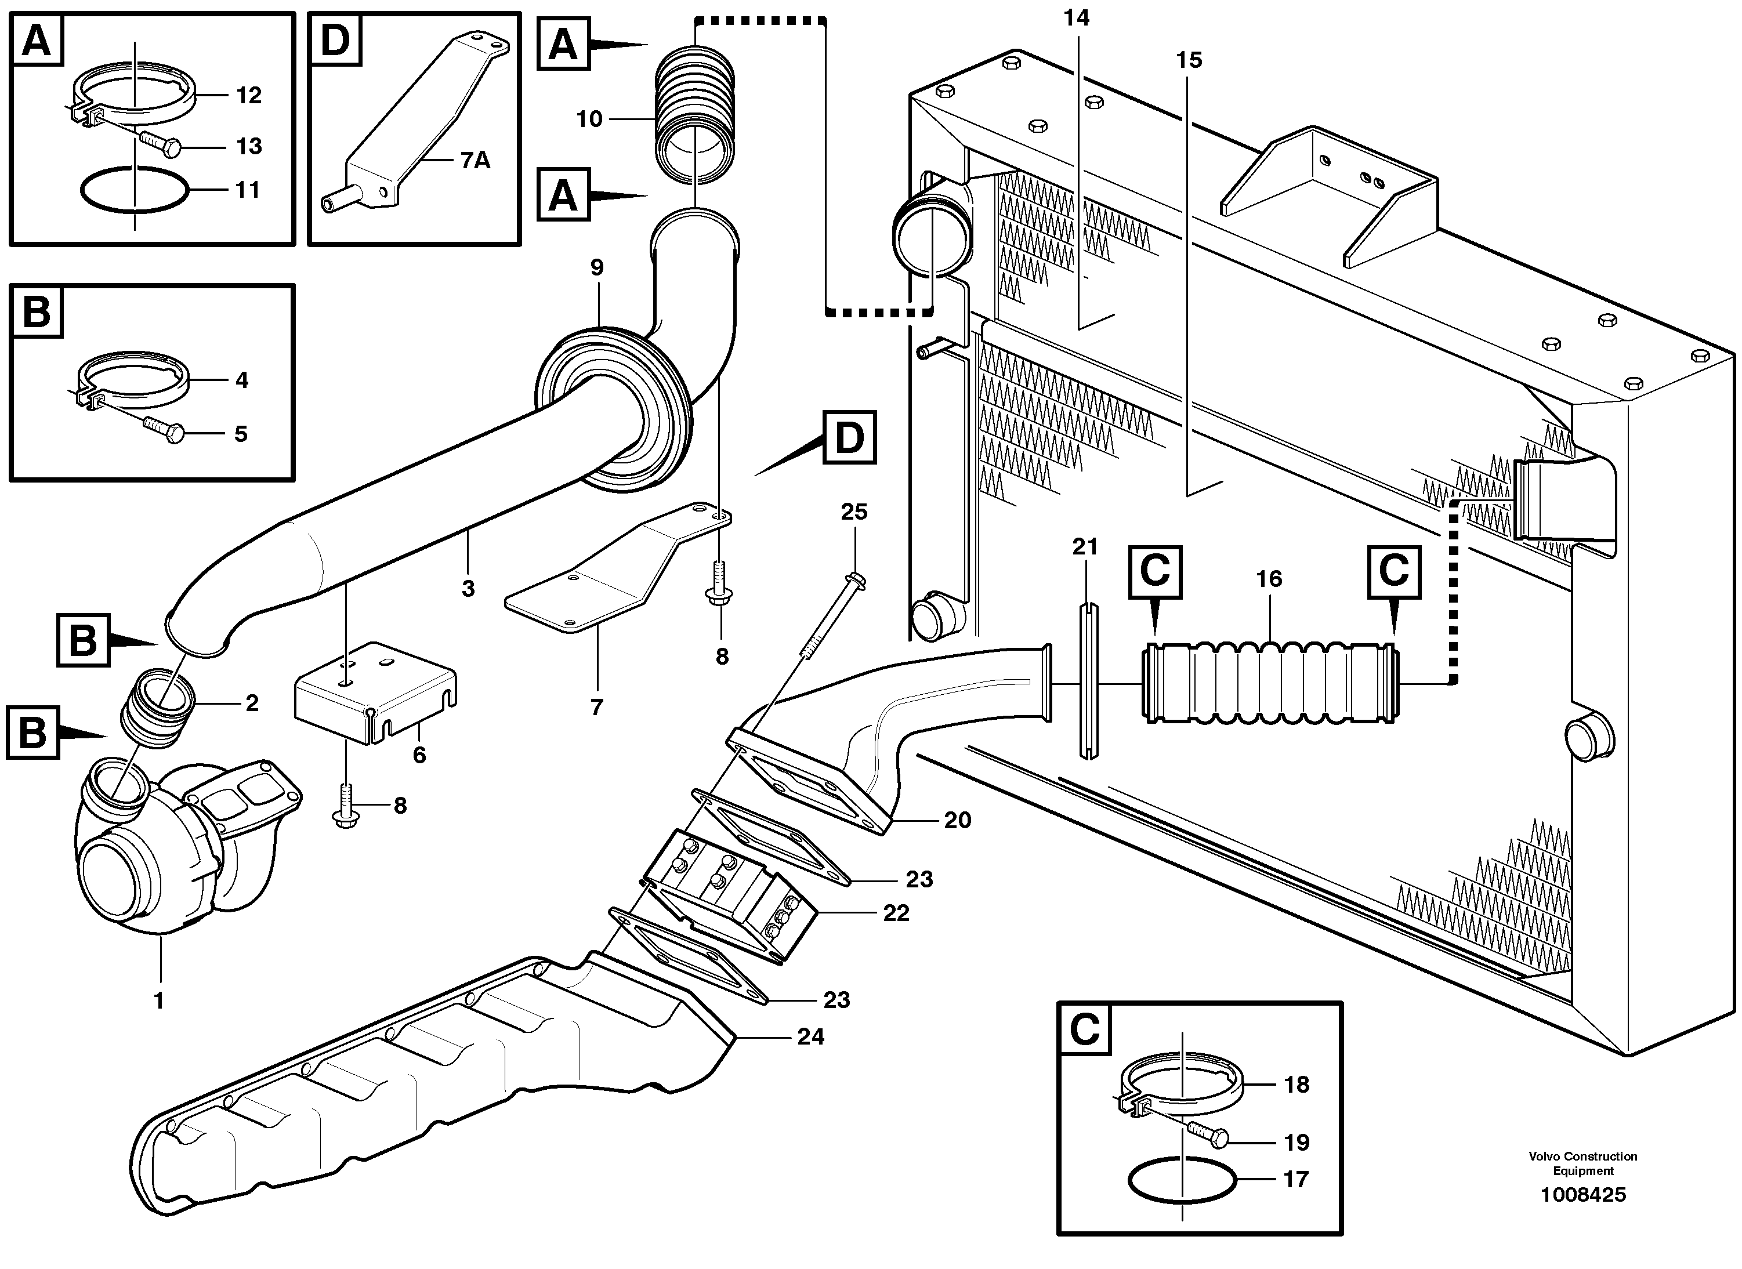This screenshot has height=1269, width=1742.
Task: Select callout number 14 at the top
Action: [1076, 17]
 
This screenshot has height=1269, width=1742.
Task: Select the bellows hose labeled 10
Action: [695, 115]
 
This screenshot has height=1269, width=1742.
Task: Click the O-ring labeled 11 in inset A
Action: [135, 189]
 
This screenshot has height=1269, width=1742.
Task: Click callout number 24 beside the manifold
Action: [810, 1037]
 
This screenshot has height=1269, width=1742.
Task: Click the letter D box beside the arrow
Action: [849, 438]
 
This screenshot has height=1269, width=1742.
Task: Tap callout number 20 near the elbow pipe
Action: [957, 821]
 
